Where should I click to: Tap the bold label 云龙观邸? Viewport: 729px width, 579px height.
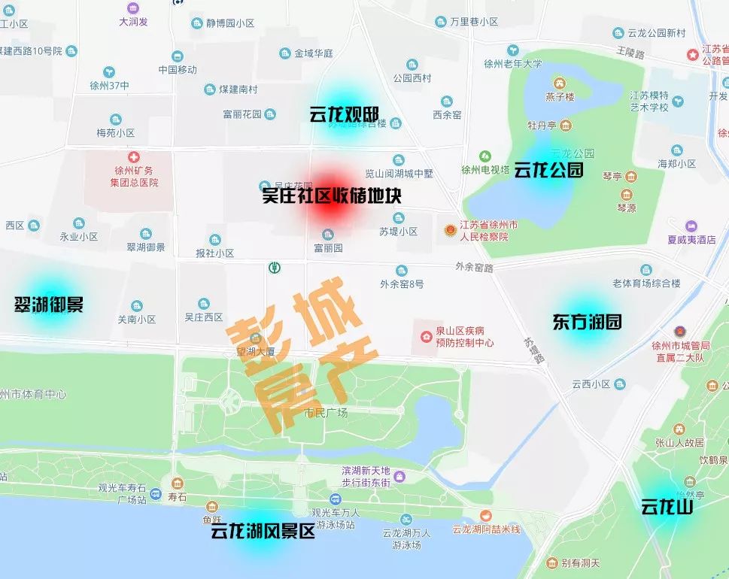[344, 115]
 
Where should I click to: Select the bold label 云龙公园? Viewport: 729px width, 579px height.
[548, 170]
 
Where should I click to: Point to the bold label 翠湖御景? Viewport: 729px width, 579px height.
[49, 305]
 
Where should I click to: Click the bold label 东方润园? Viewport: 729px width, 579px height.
[588, 322]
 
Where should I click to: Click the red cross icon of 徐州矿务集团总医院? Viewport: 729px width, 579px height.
[133, 157]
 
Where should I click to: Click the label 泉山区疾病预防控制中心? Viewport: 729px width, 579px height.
[464, 336]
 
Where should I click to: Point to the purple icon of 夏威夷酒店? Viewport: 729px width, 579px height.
[691, 226]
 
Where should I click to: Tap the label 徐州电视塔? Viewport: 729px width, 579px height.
[485, 170]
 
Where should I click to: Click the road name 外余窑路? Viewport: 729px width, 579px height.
[474, 267]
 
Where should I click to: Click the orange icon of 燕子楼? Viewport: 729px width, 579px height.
[560, 83]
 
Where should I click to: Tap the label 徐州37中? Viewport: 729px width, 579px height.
[109, 86]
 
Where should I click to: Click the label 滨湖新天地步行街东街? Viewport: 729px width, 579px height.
[366, 477]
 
